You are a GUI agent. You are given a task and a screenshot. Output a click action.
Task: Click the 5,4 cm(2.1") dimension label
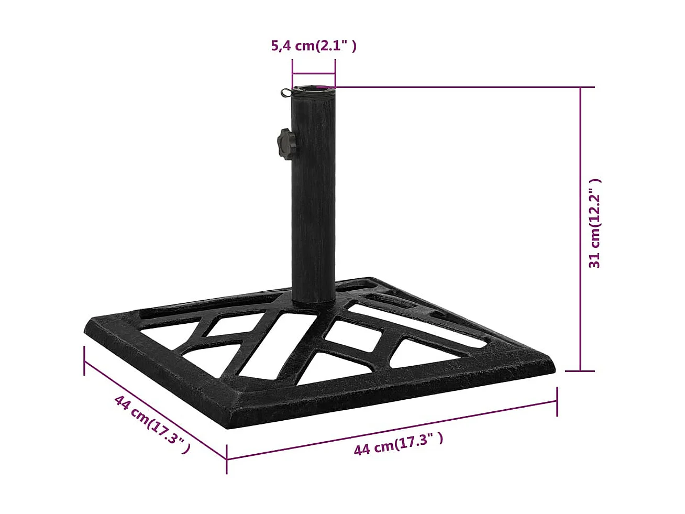pyautogui.click(x=313, y=46)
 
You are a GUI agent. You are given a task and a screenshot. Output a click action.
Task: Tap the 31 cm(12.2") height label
pyautogui.click(x=594, y=223)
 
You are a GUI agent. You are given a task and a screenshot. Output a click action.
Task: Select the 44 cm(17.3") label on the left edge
pyautogui.click(x=152, y=424)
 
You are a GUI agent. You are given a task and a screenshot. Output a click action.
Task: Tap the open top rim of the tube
pyautogui.click(x=313, y=89)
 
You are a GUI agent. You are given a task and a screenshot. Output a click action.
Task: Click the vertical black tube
pyautogui.click(x=313, y=210)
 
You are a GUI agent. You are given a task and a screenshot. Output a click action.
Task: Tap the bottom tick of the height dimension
pyautogui.click(x=580, y=371)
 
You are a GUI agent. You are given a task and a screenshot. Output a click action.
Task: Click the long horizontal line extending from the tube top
pyautogui.click(x=461, y=87)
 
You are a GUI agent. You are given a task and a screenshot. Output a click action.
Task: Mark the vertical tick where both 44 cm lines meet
pyautogui.click(x=227, y=459)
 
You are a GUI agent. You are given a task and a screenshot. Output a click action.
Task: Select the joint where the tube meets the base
pyautogui.click(x=313, y=302)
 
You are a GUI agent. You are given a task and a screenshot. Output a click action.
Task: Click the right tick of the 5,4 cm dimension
pyautogui.click(x=335, y=73)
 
